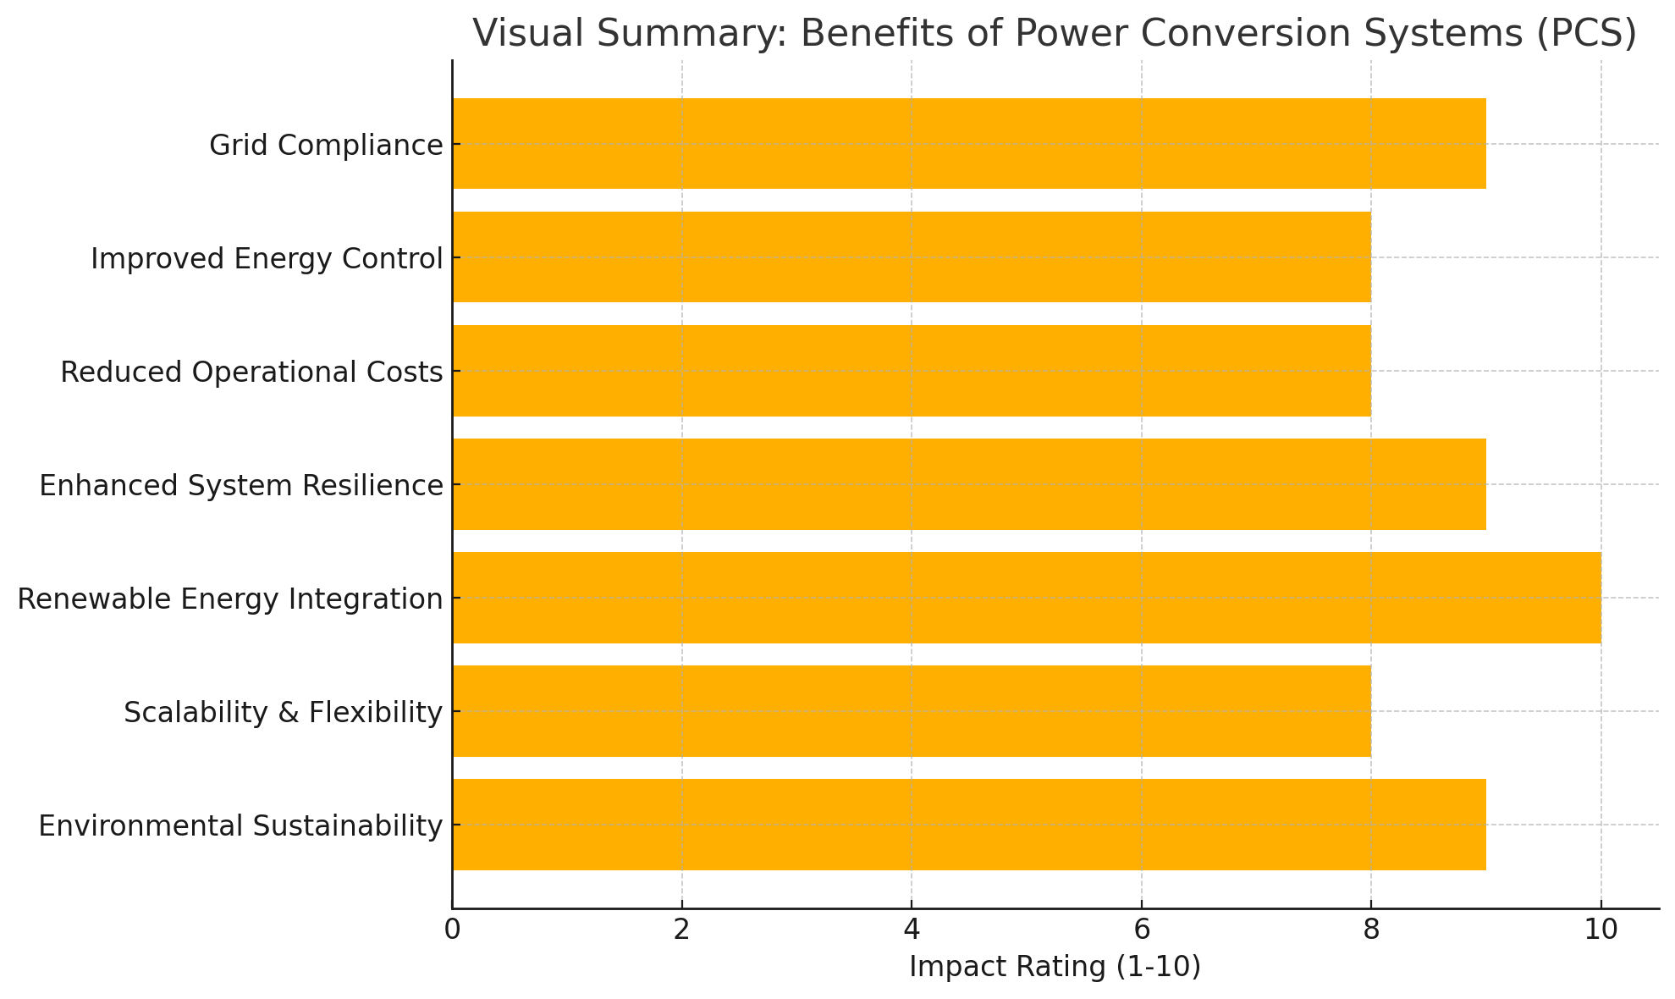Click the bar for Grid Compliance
click(x=968, y=144)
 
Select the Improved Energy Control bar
click(x=911, y=257)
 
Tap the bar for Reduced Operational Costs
click(x=911, y=371)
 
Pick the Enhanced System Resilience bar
click(x=968, y=484)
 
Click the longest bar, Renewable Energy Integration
click(x=1026, y=598)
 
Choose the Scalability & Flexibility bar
click(x=911, y=711)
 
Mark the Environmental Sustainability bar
click(x=968, y=825)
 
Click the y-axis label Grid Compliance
click(x=326, y=146)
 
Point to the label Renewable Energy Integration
click(x=230, y=599)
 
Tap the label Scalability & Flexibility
click(x=283, y=713)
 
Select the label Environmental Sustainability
click(x=240, y=826)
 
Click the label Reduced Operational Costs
click(x=251, y=373)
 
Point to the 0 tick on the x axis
click(x=452, y=930)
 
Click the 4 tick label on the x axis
click(x=912, y=930)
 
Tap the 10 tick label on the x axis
click(x=1601, y=930)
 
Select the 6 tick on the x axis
click(x=1141, y=930)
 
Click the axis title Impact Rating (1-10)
click(x=1055, y=968)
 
